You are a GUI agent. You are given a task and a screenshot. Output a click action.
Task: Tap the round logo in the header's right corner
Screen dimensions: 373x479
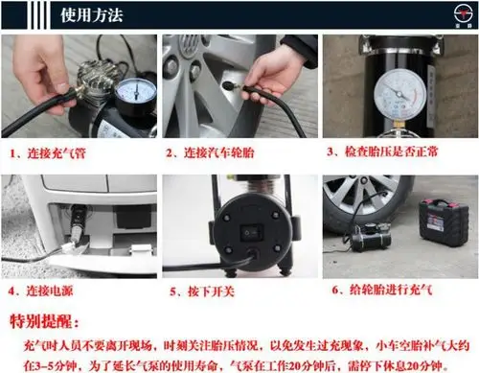click(x=452, y=16)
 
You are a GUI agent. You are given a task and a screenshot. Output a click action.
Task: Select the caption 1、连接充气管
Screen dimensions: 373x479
click(x=51, y=152)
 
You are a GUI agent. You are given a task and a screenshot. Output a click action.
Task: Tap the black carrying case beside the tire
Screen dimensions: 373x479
click(x=444, y=221)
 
